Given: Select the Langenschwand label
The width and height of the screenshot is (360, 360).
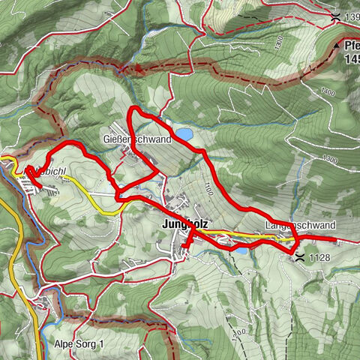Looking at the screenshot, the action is point(300,226).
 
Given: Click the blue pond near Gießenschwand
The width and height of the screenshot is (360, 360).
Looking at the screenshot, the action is point(183,134).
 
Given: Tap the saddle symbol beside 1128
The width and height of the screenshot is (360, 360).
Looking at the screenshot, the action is point(300,257).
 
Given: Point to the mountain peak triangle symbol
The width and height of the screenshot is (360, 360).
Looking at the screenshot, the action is point(336,46).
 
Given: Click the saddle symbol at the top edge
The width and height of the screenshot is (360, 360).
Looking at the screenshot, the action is point(335,16).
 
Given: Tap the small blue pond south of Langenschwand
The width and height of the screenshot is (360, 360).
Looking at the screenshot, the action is point(242,250).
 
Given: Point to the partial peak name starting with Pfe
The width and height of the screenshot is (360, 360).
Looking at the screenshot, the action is point(351,45).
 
